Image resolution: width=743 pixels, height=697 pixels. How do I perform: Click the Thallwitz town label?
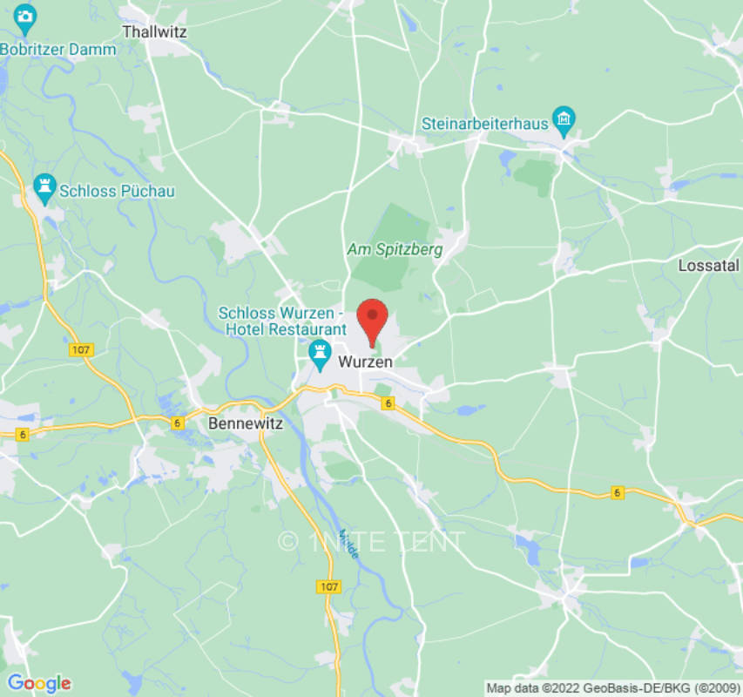tap(155, 31)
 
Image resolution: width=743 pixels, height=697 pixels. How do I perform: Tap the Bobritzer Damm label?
tap(57, 50)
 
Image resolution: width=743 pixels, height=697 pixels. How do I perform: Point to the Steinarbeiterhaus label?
tap(485, 124)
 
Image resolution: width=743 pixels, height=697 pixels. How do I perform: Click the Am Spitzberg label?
tap(395, 249)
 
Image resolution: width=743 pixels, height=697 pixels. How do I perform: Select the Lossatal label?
tap(708, 266)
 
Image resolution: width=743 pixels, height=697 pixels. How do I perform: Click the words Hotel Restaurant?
tap(286, 329)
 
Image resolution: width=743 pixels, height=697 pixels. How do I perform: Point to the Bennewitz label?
tap(233, 423)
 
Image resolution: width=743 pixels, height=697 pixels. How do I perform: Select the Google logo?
tap(38, 683)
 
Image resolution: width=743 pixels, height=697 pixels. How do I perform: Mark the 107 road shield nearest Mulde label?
tap(328, 587)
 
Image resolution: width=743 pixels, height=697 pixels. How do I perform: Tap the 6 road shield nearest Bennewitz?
tap(178, 423)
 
